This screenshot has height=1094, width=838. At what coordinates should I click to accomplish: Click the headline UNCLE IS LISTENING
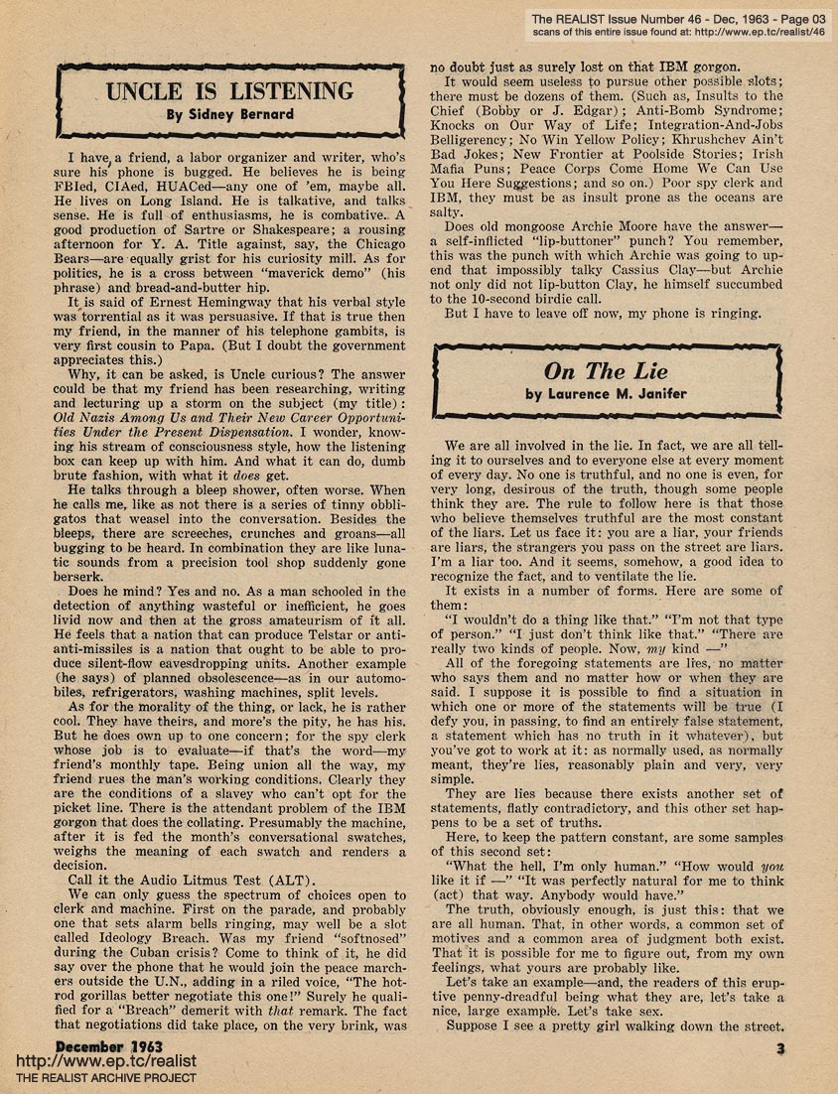tap(229, 92)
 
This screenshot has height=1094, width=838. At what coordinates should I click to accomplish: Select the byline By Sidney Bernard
tap(229, 114)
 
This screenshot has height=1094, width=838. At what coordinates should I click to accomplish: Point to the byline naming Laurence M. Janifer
tap(606, 393)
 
